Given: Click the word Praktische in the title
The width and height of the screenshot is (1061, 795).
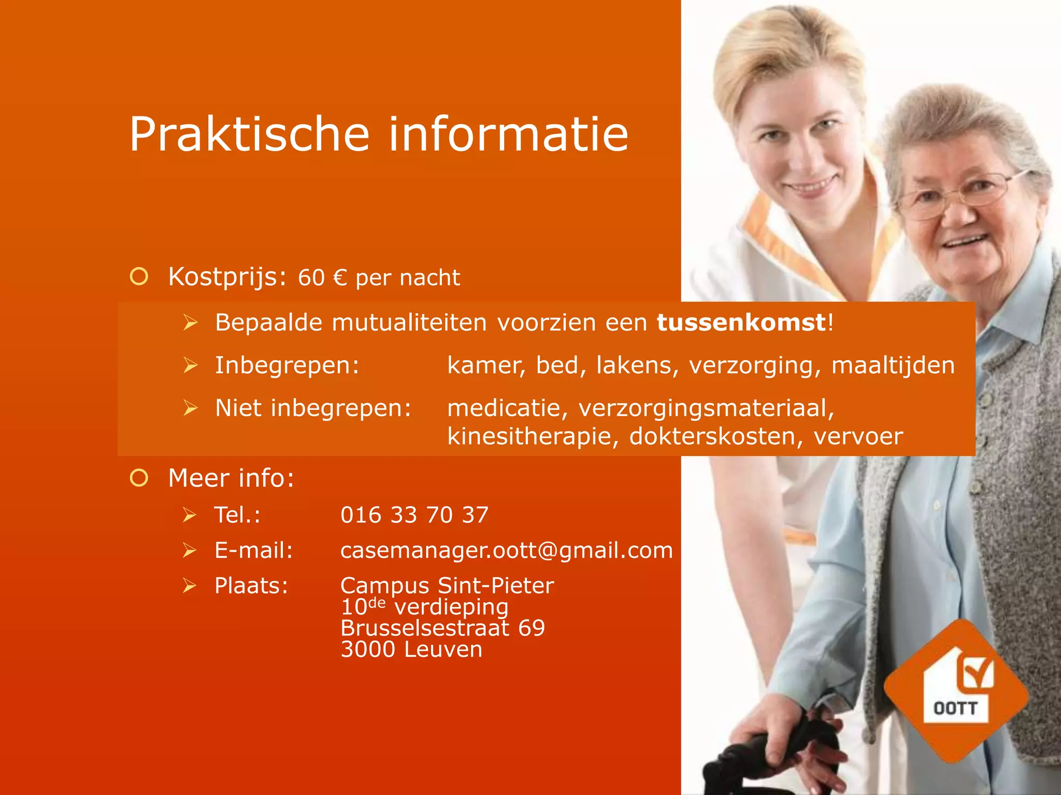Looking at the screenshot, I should point(249,135).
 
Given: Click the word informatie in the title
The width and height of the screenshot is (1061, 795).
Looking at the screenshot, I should point(509,135).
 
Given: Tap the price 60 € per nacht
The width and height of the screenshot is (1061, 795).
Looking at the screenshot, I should point(379,278).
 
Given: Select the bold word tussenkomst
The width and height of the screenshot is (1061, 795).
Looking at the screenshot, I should point(741,322).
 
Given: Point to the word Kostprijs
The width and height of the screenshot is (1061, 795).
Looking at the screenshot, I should point(227,277).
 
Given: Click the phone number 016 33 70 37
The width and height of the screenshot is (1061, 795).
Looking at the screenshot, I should point(414,515).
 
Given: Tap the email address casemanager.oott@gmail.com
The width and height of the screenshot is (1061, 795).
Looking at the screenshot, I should point(506,550).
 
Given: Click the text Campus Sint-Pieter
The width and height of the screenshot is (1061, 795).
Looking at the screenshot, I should point(447,586).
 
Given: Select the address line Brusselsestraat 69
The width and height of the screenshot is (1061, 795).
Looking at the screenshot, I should point(442,628).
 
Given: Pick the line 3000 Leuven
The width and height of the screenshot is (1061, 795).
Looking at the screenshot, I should point(411,650).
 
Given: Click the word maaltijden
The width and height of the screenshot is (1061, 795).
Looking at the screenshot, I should point(893,365).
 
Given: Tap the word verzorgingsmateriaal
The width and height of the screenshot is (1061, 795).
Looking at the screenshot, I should point(706,408).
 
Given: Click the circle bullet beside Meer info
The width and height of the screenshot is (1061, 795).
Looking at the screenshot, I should point(139,478).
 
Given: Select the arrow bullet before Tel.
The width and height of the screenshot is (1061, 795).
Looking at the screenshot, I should point(190,515).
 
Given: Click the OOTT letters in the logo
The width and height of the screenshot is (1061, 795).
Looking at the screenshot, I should point(955,708).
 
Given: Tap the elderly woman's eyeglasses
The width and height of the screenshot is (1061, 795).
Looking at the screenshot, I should point(958,194).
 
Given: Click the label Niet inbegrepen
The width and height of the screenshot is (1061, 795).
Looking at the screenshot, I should point(313,408).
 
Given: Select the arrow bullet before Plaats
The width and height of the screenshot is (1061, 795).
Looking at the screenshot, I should point(190,586).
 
